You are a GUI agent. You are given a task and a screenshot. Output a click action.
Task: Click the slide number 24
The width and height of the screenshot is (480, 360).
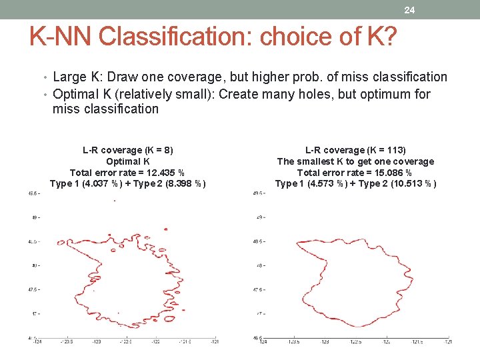pyautogui.click(x=409, y=10)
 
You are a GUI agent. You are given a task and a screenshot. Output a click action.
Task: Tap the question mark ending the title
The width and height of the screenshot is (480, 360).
pyautogui.click(x=389, y=37)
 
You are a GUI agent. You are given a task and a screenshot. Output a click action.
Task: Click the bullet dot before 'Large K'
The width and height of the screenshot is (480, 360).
pyautogui.click(x=46, y=78)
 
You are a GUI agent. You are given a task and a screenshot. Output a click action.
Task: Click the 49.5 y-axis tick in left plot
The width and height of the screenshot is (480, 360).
pyautogui.click(x=33, y=194)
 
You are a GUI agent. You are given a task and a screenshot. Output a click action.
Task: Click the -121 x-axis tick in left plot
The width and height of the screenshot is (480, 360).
pyautogui.click(x=214, y=341)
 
